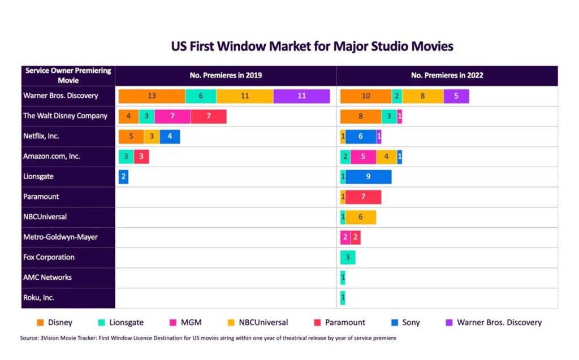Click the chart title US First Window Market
coord(312,46)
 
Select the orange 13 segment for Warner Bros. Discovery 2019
coord(152,96)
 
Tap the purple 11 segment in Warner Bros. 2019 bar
coord(301,96)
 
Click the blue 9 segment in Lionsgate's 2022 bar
coord(368,177)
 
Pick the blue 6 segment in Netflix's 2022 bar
coord(361,136)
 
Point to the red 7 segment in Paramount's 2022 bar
coord(363,197)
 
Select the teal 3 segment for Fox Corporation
coord(348,258)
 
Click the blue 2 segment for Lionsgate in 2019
coord(123,177)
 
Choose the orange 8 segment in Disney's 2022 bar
coord(361,116)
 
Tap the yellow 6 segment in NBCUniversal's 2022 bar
coord(360,217)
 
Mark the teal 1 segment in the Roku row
coord(343,298)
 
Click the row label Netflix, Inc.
coord(41,136)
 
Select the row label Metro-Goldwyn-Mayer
coord(61,237)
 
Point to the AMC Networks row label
coord(47,277)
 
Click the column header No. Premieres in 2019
coord(226,75)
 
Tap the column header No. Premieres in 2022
coord(447,75)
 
